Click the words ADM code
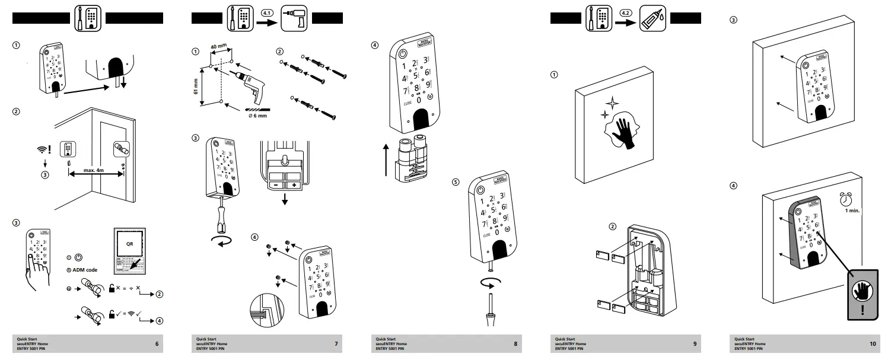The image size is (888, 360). coord(84,270)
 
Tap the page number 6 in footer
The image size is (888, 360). coord(157,344)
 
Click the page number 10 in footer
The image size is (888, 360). coord(872,344)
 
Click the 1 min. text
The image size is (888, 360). coord(852,211)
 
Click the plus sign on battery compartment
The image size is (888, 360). coord(293,184)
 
